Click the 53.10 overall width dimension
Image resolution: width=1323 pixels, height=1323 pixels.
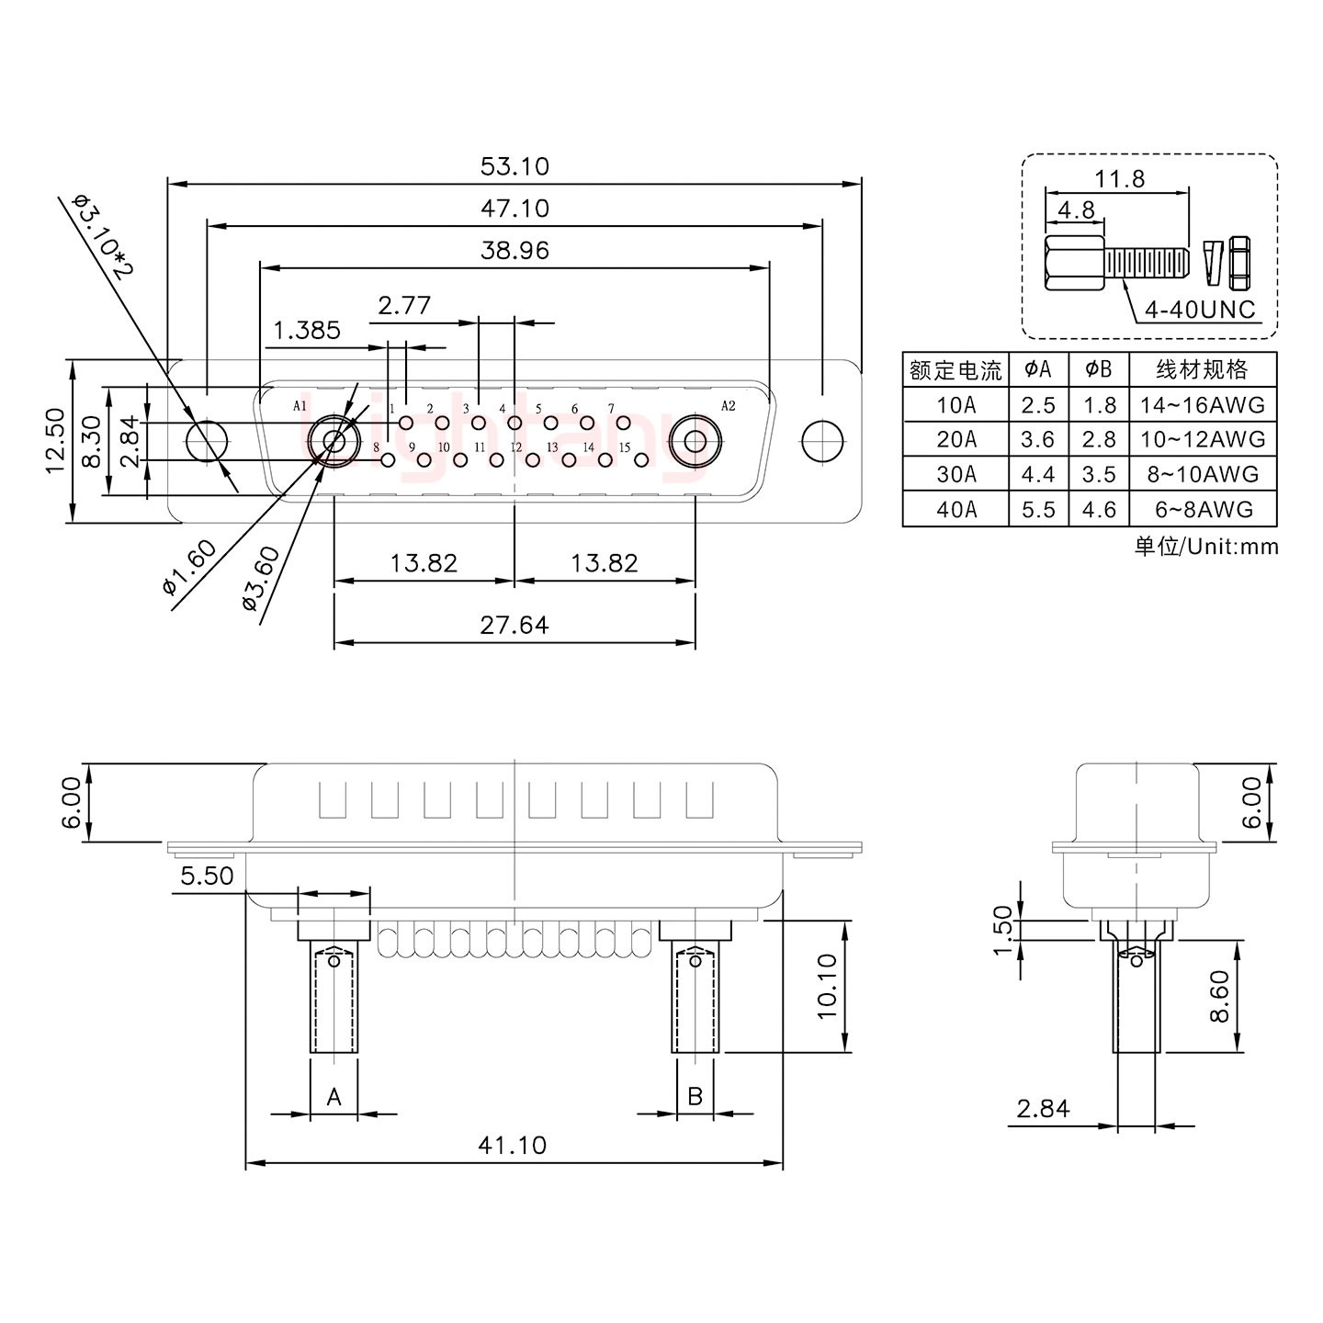point(514,166)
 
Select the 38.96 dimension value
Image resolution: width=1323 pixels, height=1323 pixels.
point(514,250)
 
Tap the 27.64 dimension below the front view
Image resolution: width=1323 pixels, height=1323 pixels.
point(514,625)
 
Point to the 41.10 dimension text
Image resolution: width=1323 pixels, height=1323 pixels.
point(512,1145)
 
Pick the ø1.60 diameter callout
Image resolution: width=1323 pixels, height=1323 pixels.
point(190,568)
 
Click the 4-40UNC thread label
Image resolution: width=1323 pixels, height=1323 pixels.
point(1199,310)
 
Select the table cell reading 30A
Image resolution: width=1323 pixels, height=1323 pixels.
point(956,474)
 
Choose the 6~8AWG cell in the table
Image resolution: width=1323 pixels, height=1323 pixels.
point(1203,509)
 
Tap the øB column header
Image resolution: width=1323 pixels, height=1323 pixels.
point(1099,369)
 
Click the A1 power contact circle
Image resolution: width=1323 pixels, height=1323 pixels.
point(334,442)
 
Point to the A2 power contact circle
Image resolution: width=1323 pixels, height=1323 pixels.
point(695,442)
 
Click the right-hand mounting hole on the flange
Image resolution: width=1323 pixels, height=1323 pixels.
point(821,442)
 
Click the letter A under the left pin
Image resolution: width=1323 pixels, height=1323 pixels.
point(334,1096)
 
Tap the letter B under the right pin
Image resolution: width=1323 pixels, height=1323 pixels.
point(695,1096)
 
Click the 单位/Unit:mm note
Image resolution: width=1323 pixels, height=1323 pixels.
point(1205,547)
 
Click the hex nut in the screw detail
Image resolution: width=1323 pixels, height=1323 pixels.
point(1238,259)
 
